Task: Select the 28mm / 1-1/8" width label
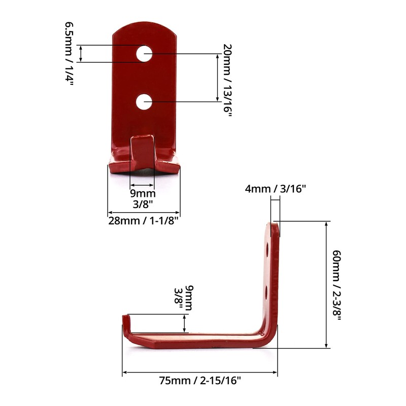click(x=144, y=221)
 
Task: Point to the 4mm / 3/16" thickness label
click(x=276, y=189)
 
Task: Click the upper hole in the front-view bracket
click(x=145, y=53)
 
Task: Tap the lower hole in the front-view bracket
click(x=145, y=102)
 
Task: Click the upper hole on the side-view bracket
click(x=267, y=249)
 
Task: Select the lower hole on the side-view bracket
click(x=267, y=291)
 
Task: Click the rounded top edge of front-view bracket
click(x=145, y=26)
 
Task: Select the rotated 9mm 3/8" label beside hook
click(x=183, y=298)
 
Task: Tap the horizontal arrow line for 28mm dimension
click(x=144, y=213)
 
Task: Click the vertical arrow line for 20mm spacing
click(x=214, y=78)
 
